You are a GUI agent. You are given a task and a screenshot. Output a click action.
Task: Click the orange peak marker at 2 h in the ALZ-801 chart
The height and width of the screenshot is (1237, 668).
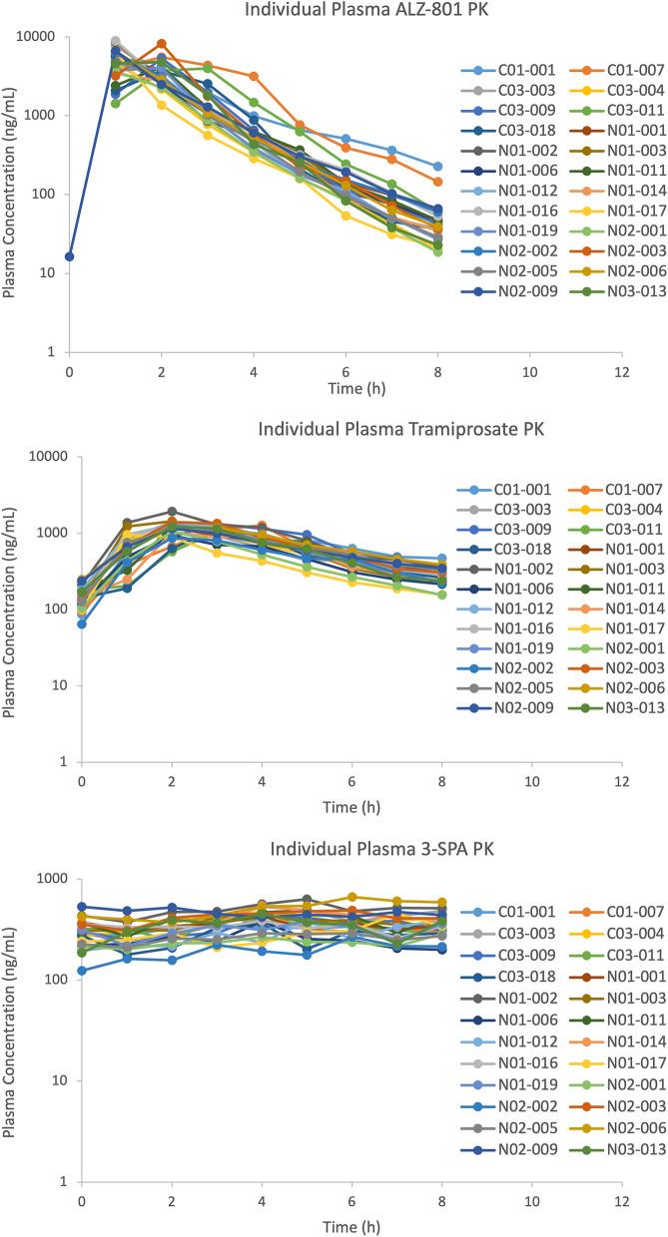161,44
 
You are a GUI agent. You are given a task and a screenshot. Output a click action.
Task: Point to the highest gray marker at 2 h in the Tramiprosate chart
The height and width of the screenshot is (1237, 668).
172,512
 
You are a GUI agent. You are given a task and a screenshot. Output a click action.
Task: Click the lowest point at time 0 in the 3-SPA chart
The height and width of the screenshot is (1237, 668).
81,970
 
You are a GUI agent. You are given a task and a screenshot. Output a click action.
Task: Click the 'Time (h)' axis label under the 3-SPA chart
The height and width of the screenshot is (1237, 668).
344,1226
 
